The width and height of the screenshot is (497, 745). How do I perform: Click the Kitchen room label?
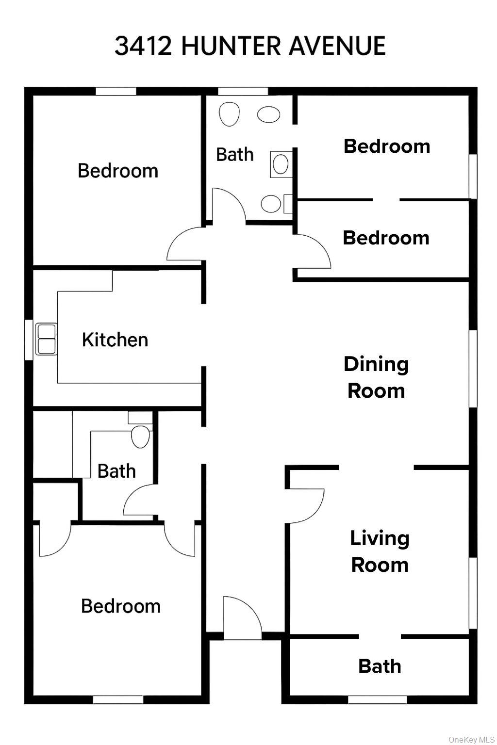point(115,340)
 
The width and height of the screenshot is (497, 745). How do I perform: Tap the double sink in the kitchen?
point(47,339)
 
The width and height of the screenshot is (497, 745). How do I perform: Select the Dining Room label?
point(376,377)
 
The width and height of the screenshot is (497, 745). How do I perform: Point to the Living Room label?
point(380,551)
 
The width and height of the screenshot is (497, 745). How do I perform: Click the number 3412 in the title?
point(143,46)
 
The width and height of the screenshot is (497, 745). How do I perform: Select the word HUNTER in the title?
point(231,46)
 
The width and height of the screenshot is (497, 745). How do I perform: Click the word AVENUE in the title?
point(337,46)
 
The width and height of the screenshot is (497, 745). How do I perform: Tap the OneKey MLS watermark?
point(471,739)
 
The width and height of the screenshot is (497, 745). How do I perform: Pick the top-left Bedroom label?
point(118,171)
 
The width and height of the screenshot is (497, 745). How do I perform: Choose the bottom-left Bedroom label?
point(120,606)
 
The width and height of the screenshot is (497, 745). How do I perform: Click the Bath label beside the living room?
point(380,666)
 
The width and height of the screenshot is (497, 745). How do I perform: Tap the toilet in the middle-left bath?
point(141,437)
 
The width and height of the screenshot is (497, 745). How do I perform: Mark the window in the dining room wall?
point(473,369)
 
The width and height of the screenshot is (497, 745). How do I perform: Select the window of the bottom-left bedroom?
point(118,699)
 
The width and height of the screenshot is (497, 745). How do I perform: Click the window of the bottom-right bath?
point(377,699)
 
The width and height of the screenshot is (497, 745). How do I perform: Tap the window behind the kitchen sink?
point(29,340)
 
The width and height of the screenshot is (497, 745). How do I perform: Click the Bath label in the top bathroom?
point(235,155)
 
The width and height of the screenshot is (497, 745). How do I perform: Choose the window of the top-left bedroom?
point(116,91)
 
